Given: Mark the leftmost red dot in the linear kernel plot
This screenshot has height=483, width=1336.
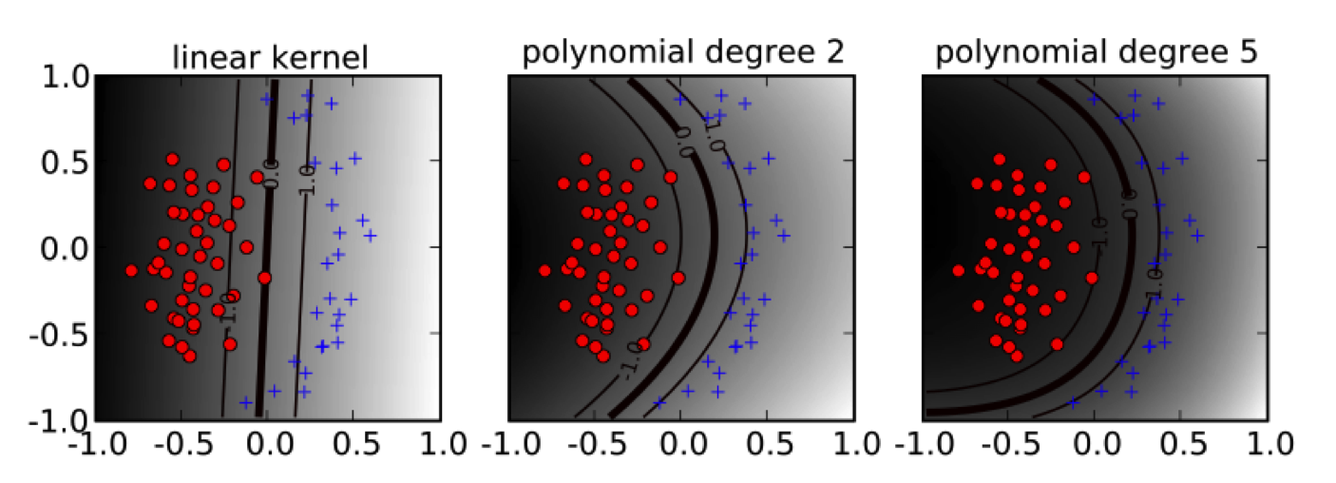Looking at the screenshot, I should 131,271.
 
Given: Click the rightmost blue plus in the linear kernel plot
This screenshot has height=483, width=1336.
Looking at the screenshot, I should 371,235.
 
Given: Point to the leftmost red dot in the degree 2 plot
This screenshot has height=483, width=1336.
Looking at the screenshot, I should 544,271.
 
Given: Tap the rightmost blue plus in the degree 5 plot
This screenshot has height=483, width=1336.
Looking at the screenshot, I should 1198,235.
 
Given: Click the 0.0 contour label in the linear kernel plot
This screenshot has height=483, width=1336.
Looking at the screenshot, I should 272,175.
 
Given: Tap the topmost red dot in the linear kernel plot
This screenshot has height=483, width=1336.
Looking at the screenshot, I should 172,160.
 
